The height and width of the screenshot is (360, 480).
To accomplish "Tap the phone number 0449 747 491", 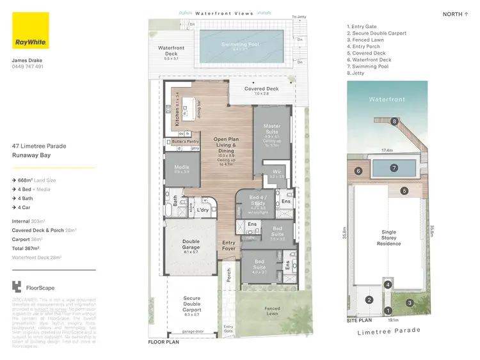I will pyautogui.click(x=28, y=67).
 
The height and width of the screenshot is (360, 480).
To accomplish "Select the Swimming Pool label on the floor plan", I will pyautogui.click(x=238, y=45).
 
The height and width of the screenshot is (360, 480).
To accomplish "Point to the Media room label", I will pyautogui.click(x=181, y=169).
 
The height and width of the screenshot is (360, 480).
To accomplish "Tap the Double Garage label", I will pyautogui.click(x=191, y=244).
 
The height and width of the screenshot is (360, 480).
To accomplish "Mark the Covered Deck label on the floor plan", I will pyautogui.click(x=262, y=90).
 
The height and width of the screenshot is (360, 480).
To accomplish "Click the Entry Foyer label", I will pyautogui.click(x=228, y=246).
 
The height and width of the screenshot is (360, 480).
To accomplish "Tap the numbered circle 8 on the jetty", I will pyautogui.click(x=395, y=121).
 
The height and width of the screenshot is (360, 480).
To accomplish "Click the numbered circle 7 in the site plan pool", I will pyautogui.click(x=394, y=168).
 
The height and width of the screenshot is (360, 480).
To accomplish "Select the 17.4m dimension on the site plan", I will pyautogui.click(x=387, y=150).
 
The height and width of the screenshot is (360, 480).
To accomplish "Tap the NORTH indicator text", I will pyautogui.click(x=453, y=14).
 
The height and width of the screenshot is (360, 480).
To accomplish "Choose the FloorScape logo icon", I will pyautogui.click(x=17, y=288).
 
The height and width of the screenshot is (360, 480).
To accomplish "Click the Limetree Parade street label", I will pyautogui.click(x=389, y=330).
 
